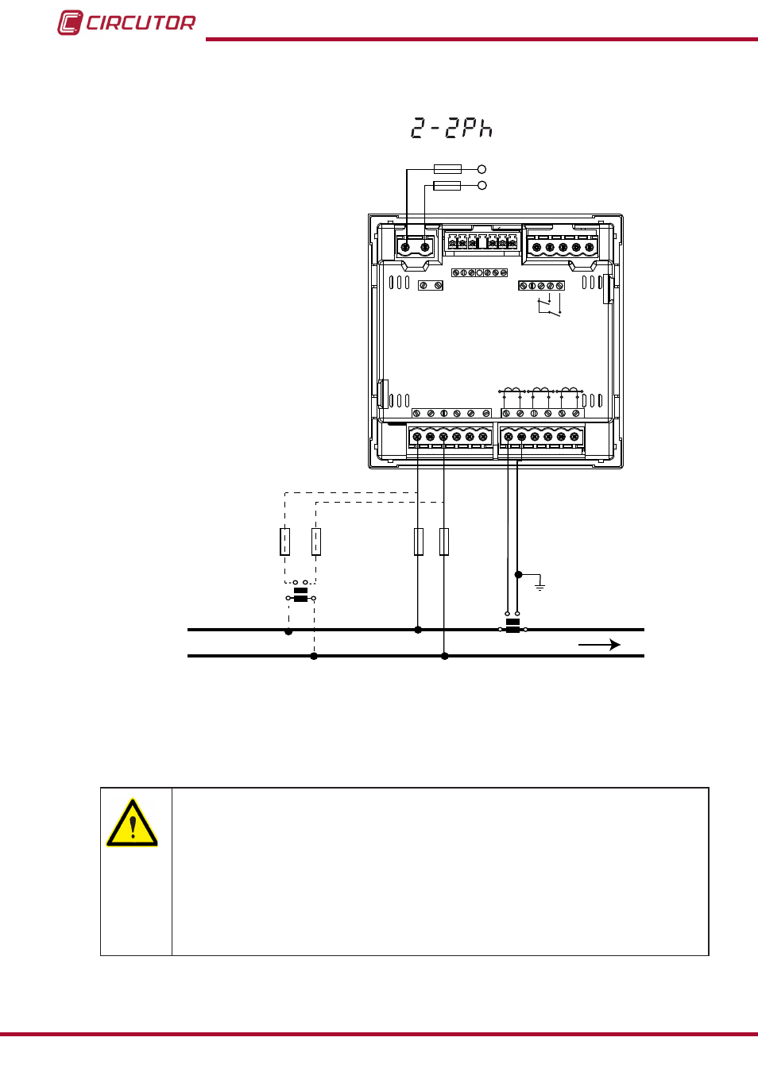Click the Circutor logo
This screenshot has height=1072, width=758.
(x=126, y=22)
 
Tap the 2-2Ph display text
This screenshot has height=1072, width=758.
(x=451, y=129)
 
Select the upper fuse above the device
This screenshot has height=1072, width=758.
(x=447, y=169)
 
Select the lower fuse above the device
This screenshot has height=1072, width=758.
(x=447, y=186)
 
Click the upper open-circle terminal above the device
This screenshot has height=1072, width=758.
(x=482, y=169)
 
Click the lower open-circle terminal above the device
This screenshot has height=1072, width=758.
(x=482, y=185)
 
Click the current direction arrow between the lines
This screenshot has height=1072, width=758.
(x=600, y=645)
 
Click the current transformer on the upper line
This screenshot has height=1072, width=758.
(x=512, y=624)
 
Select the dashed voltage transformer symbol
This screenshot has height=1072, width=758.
(x=300, y=593)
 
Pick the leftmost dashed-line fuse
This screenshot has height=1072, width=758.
(x=285, y=542)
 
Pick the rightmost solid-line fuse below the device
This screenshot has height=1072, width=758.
(x=444, y=542)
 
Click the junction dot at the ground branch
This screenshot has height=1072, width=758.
(x=518, y=574)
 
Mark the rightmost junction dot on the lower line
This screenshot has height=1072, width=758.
(x=444, y=656)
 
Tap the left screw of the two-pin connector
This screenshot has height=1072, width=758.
(x=405, y=247)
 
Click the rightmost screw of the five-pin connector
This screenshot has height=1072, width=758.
(x=589, y=247)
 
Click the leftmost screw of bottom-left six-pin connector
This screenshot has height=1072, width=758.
(x=417, y=437)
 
